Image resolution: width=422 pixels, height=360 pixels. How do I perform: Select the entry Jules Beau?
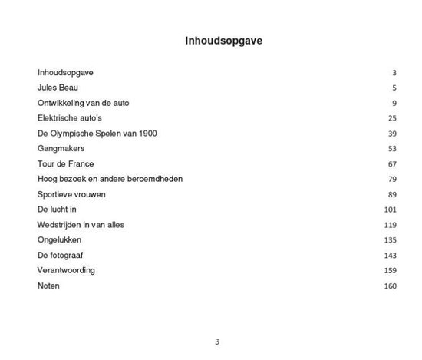click(x=58, y=88)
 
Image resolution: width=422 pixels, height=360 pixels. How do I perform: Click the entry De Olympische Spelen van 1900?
click(x=97, y=134)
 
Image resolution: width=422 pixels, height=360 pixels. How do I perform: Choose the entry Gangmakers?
click(x=61, y=148)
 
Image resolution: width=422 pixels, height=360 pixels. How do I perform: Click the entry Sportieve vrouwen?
click(x=71, y=194)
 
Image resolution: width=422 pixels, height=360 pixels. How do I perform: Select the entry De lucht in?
click(x=58, y=210)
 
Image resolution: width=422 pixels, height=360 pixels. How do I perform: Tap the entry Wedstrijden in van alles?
click(x=81, y=225)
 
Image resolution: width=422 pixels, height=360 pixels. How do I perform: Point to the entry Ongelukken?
click(x=60, y=240)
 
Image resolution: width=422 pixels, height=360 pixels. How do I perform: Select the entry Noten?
click(x=48, y=286)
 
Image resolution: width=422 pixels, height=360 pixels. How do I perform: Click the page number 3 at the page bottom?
click(x=217, y=342)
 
